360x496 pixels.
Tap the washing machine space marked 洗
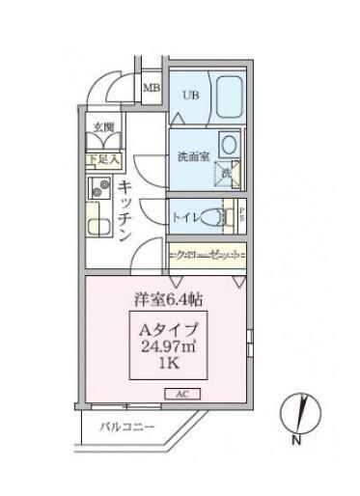pos(224,173)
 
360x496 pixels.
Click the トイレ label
pos(186,218)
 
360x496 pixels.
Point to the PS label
pos(241,214)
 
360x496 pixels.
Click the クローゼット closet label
pos(207,255)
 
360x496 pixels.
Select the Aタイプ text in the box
pos(171,330)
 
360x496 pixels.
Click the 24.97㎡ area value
pos(171,348)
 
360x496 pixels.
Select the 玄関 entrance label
pos(103,126)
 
